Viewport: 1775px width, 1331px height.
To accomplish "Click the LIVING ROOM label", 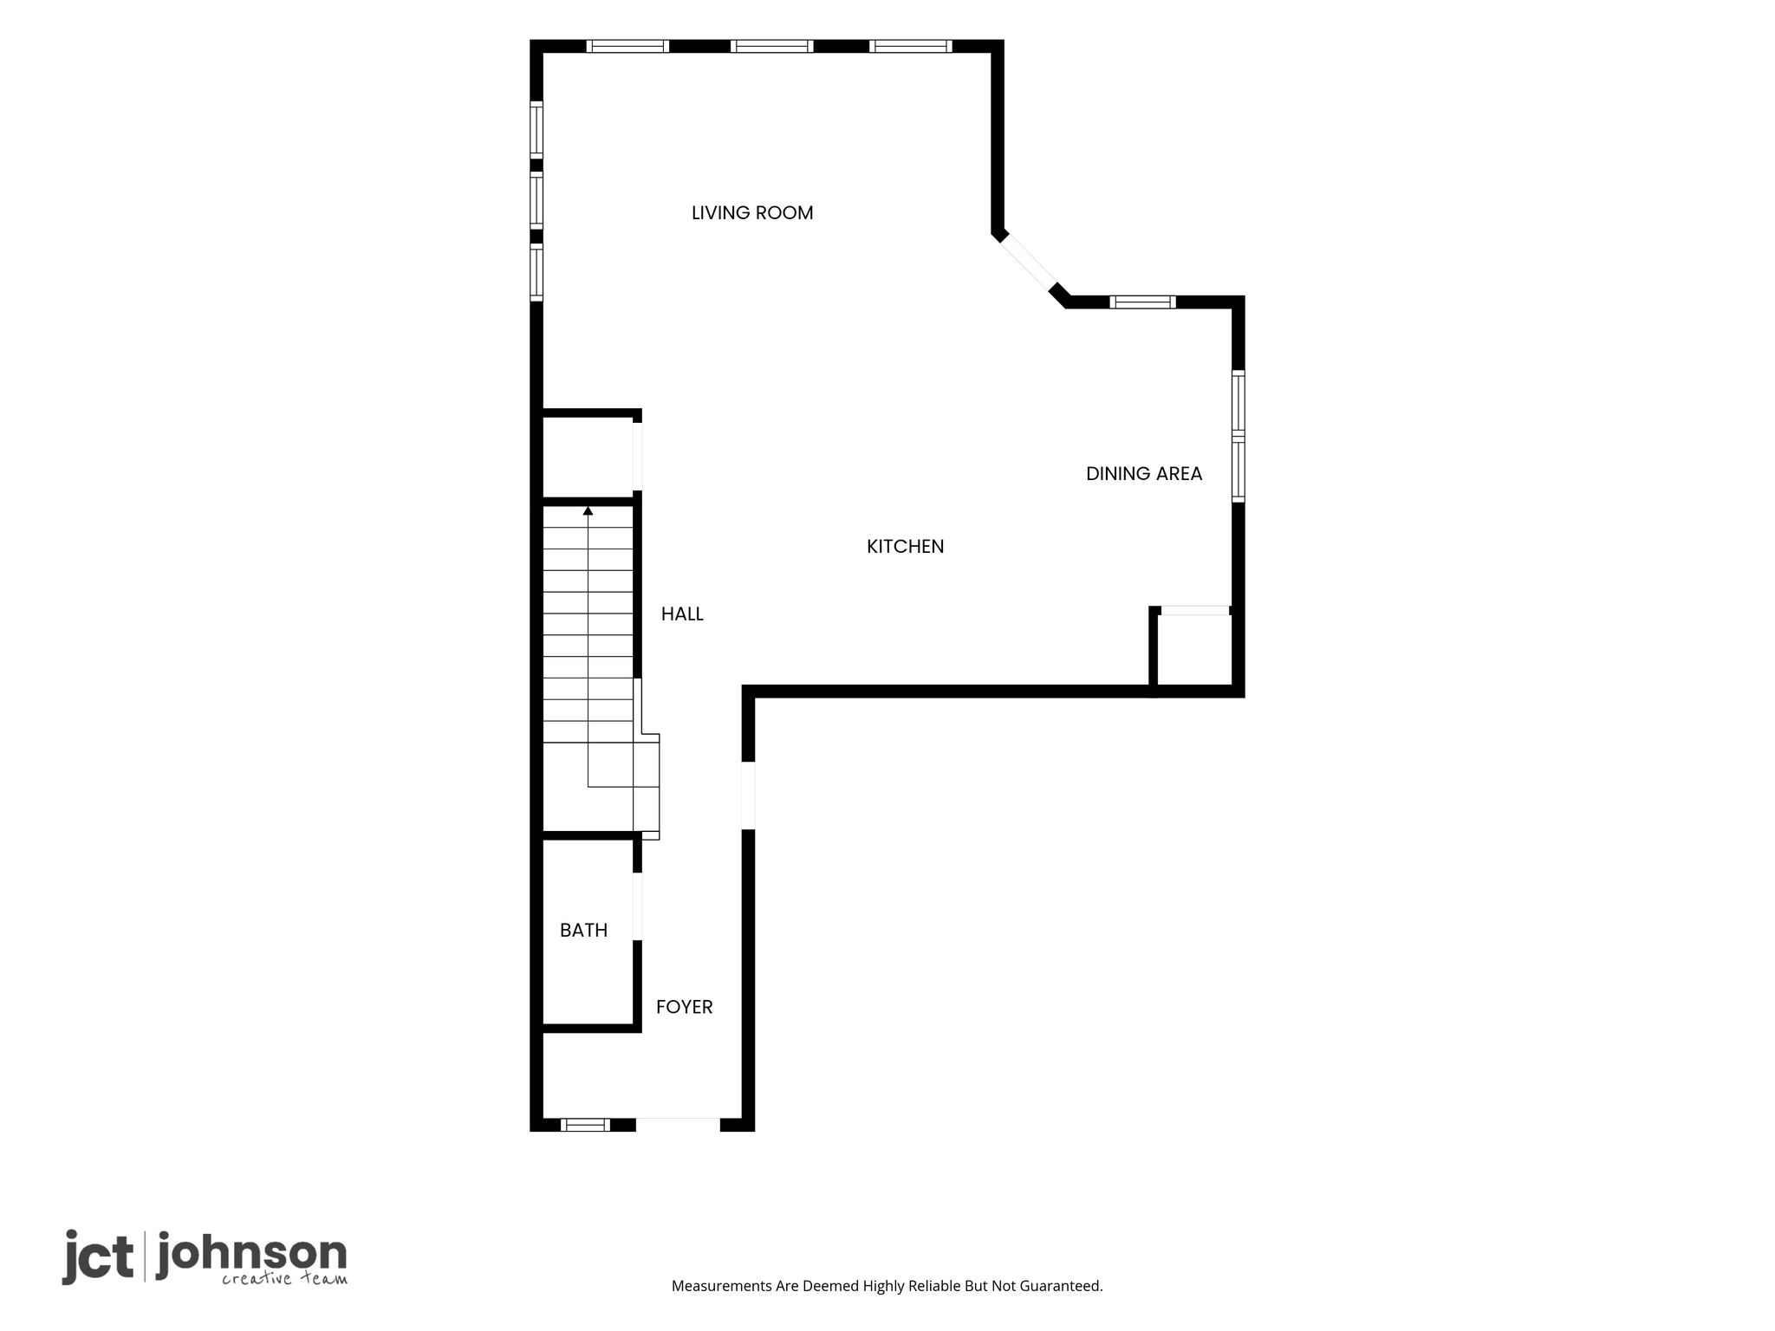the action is coord(752,213).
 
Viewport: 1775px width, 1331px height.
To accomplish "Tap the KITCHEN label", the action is coord(905,547).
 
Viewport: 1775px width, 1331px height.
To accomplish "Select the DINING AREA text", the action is coord(1144,474).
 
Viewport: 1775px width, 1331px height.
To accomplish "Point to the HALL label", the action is coord(682,614).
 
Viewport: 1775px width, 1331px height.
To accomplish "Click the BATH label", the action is coord(583,931).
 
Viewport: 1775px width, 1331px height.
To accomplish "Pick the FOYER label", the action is coord(684,1007).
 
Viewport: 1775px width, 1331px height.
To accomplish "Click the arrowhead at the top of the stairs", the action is coord(588,510).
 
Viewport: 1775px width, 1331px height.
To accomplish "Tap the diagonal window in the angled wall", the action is coord(1029,263).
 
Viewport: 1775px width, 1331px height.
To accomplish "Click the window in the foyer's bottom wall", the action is coord(585,1125).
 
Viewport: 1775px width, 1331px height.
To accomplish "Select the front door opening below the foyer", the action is coord(678,1125).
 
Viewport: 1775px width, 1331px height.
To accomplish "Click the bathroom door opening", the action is coord(637,906).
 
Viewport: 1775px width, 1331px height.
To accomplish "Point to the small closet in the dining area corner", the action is coord(1194,649).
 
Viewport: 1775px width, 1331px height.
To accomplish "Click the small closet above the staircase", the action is coord(587,458).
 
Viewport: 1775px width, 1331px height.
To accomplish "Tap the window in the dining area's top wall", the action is coord(1142,302).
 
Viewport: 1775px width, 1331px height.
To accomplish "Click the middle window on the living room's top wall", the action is coord(771,46).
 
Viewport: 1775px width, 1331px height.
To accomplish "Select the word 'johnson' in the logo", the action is coord(251,1255).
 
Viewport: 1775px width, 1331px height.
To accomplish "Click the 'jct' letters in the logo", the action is coord(98,1256).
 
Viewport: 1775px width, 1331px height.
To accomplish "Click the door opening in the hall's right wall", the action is coord(748,795).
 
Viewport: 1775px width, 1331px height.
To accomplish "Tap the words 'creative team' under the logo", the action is coord(284,1279).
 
